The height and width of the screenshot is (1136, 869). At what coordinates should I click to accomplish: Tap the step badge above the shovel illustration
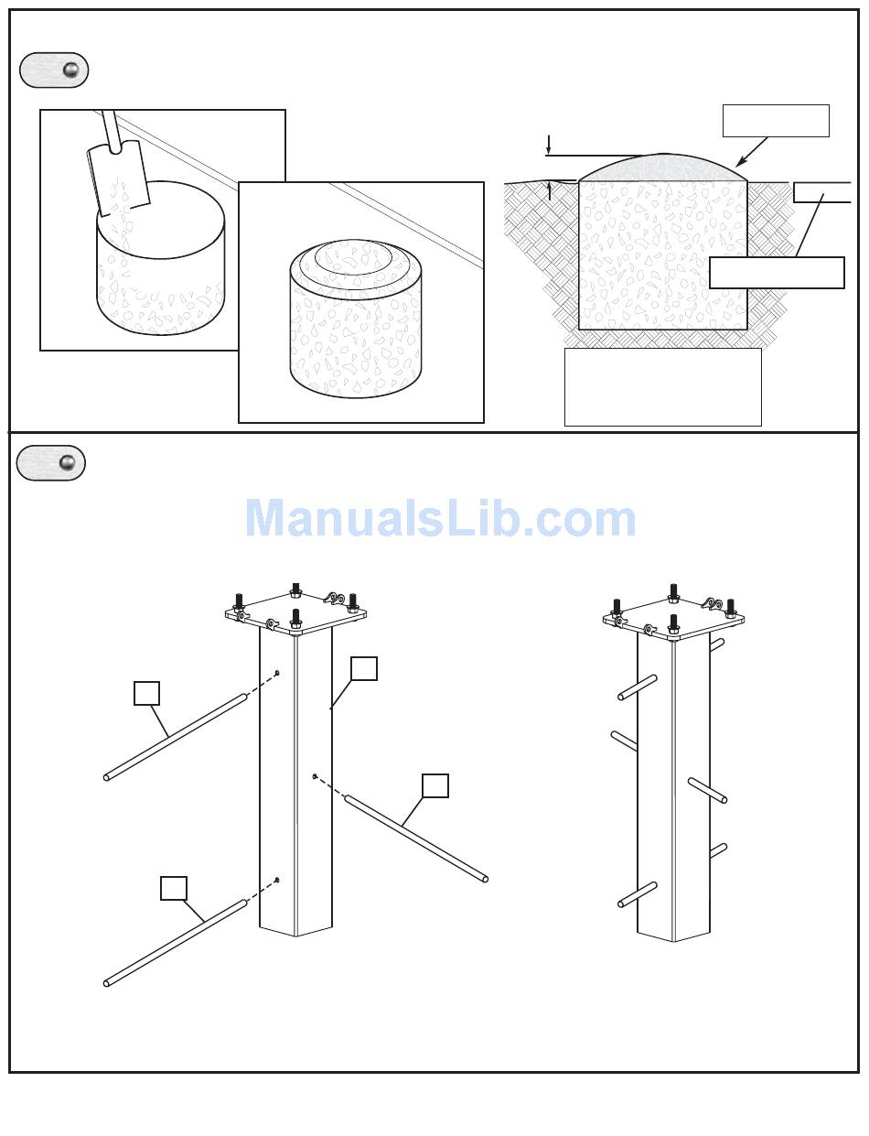(54, 70)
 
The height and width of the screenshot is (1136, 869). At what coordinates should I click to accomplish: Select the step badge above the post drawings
(50, 462)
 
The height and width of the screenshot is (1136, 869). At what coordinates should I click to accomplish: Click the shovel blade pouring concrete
(119, 178)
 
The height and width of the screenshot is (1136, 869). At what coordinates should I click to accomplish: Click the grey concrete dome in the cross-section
(663, 168)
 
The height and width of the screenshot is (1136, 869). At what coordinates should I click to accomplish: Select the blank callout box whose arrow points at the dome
(776, 121)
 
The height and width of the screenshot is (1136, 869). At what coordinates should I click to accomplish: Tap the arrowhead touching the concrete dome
(741, 161)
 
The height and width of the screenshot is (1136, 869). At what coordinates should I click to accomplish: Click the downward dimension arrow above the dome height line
(548, 145)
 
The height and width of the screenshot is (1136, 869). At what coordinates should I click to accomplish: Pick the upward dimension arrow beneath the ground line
(549, 191)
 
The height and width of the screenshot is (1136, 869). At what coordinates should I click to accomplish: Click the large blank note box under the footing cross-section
(662, 387)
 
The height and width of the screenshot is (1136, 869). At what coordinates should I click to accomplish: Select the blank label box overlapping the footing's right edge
(777, 273)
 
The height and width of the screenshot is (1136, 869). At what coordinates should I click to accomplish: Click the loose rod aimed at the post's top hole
(176, 737)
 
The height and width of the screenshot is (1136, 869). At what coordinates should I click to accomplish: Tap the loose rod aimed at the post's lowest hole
(176, 943)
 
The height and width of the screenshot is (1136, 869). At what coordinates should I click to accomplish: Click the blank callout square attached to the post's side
(364, 668)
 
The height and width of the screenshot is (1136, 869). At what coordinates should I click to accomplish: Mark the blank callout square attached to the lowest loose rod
(174, 888)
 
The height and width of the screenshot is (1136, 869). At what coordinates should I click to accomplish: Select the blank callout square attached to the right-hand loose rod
(435, 785)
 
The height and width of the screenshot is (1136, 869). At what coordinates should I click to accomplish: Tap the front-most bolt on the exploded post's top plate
(296, 619)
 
